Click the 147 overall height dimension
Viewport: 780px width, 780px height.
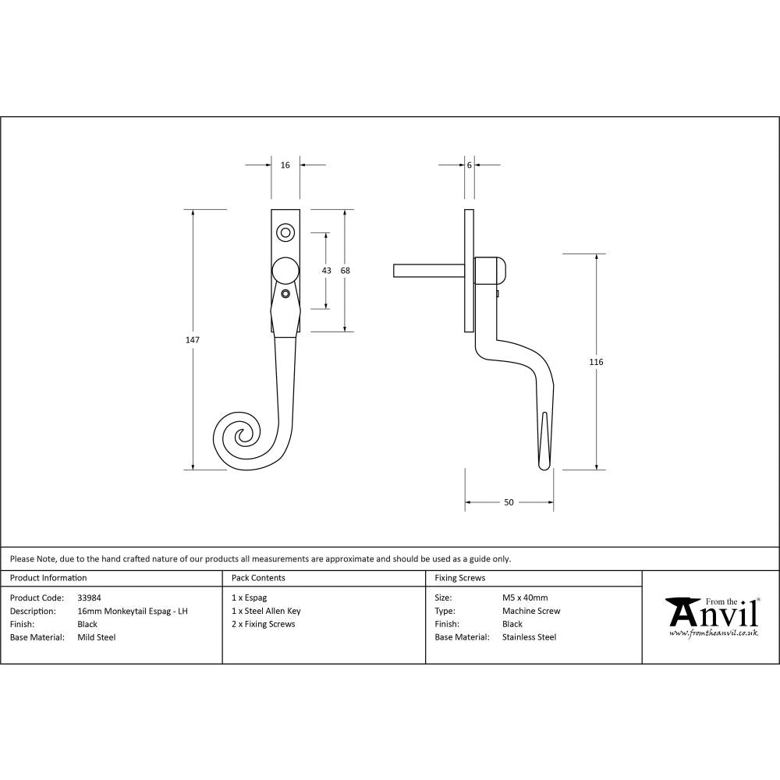click(193, 340)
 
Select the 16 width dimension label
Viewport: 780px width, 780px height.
click(285, 165)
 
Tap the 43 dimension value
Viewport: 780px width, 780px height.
click(326, 271)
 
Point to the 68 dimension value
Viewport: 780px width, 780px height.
click(346, 271)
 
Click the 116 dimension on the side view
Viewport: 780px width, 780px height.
click(597, 362)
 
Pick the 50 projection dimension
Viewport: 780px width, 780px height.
click(509, 502)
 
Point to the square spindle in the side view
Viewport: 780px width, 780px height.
click(429, 271)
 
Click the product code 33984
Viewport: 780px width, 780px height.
click(89, 598)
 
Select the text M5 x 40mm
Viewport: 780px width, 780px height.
click(525, 598)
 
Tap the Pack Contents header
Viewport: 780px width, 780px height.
click(258, 578)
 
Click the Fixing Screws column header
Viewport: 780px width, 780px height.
click(460, 578)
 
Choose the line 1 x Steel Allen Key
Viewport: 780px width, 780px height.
click(266, 611)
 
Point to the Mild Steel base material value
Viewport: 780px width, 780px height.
click(97, 637)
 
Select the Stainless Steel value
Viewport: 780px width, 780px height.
click(530, 637)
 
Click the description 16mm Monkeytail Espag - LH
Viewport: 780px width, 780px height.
click(133, 611)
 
